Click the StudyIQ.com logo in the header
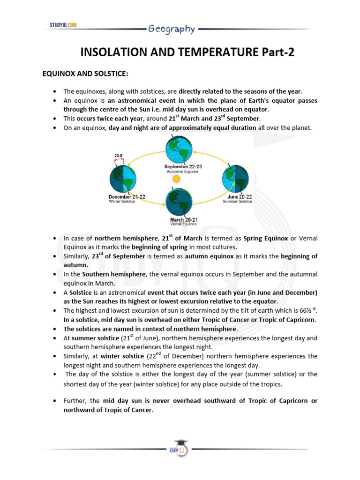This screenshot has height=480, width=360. [x=63, y=25]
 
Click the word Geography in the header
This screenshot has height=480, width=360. [x=172, y=29]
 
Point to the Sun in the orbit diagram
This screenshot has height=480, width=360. [x=176, y=179]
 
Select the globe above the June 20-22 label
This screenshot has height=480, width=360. [x=234, y=179]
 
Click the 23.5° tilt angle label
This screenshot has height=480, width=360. [x=119, y=155]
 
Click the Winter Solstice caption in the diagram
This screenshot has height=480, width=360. [x=121, y=202]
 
